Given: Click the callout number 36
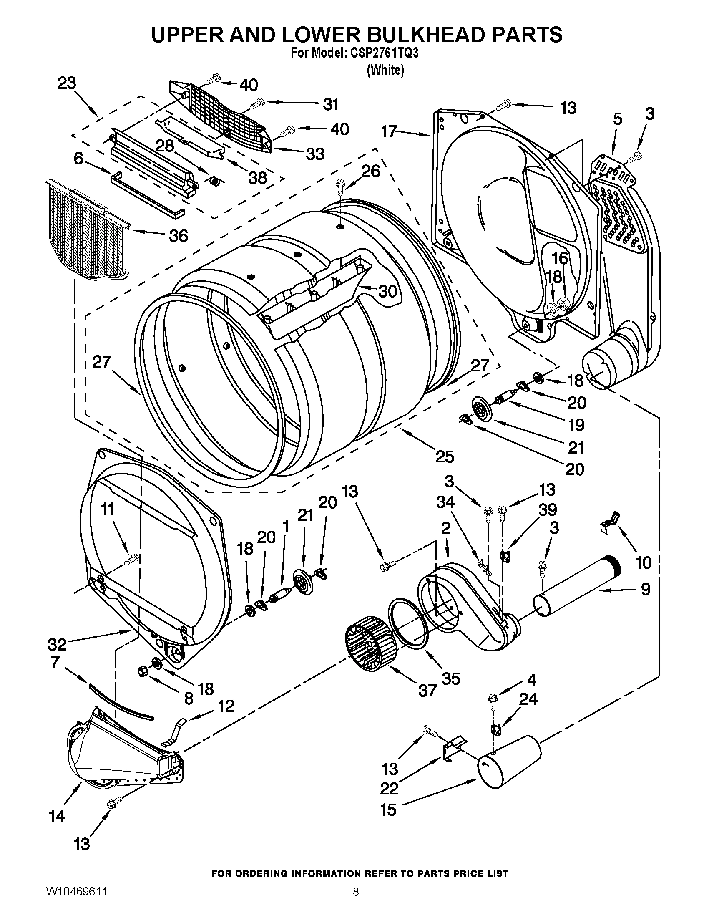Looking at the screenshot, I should (178, 236).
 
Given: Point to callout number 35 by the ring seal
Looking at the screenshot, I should (451, 679).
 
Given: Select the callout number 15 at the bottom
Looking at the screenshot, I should (388, 810).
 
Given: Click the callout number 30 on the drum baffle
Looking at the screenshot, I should (387, 290).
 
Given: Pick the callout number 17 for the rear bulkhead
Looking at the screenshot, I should (389, 131).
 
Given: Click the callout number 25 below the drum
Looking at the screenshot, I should (445, 456).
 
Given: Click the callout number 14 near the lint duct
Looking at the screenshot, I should (57, 816).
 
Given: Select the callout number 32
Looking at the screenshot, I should (57, 644).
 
